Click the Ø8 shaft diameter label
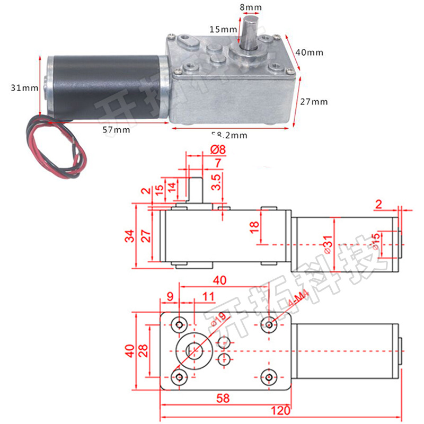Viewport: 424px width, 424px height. pos(218,150)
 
